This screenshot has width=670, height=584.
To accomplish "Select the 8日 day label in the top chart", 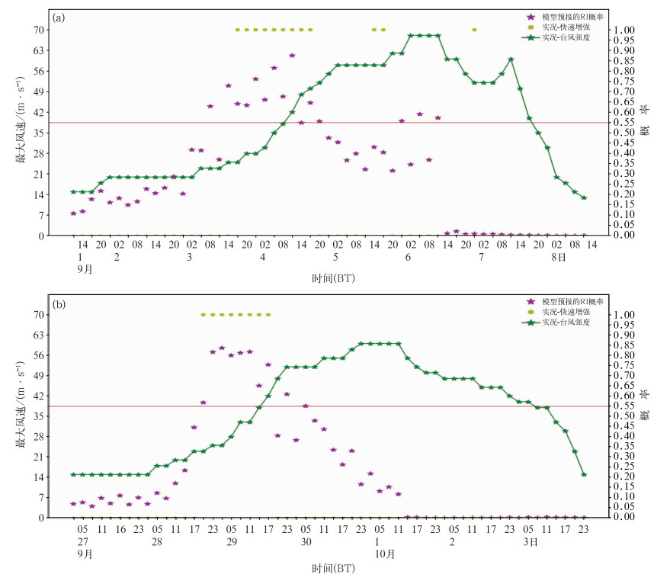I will coord(559,258).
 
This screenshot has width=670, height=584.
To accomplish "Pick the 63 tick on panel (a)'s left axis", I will coord(37,50).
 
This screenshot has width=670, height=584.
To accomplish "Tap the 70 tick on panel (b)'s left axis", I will coord(37,314).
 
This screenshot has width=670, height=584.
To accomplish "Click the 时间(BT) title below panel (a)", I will coord(333,278).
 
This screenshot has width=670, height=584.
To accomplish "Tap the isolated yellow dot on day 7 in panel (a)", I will coord(474,30).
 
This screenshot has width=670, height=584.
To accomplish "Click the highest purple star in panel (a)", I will coord(292,55).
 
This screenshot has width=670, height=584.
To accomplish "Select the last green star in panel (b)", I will coord(584,474).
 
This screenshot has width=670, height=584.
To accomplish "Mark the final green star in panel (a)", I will coord(584,197).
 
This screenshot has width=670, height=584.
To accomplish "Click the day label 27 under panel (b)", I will coord(83,541).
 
